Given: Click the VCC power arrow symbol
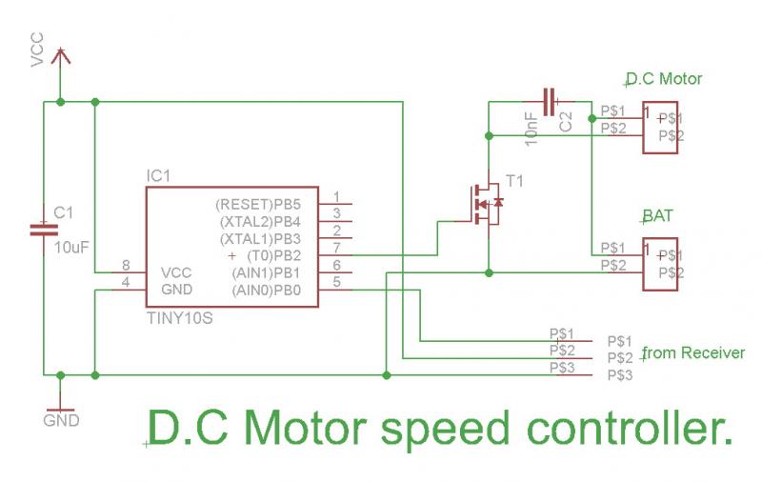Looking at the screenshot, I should point(60,59).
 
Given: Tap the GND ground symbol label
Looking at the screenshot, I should point(61,419).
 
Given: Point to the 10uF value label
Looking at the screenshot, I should point(71,247).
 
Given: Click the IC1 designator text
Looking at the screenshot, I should point(158,177).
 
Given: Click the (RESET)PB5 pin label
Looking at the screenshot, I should point(259,204).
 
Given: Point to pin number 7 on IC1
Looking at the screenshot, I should point(336,248).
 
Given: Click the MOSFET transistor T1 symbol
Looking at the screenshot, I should point(485,203).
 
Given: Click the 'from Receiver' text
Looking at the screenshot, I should point(694,352).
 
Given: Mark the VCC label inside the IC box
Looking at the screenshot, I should point(177,271).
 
